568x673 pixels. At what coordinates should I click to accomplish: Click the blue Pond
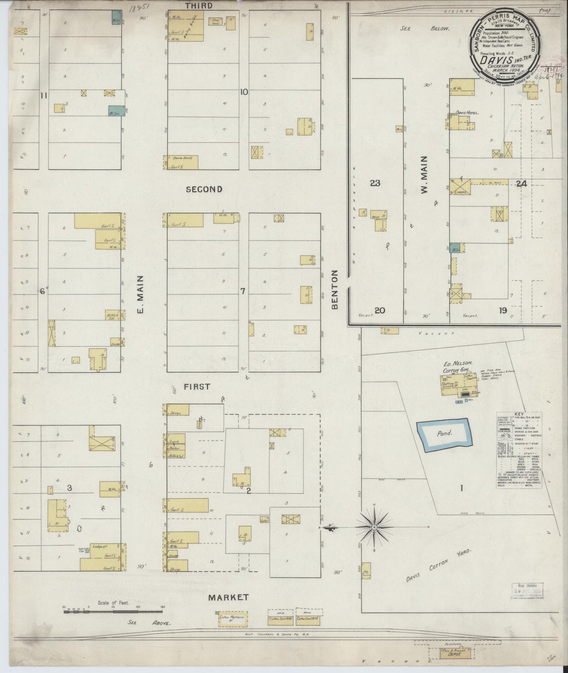443,434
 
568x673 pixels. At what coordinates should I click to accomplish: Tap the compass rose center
374,527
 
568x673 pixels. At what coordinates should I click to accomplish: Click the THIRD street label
199,5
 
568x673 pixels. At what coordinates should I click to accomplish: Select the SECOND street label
204,189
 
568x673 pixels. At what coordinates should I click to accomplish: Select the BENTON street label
335,289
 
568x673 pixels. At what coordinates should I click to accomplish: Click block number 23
375,183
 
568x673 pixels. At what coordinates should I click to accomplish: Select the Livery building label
460,192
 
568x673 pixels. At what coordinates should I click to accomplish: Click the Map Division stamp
527,590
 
